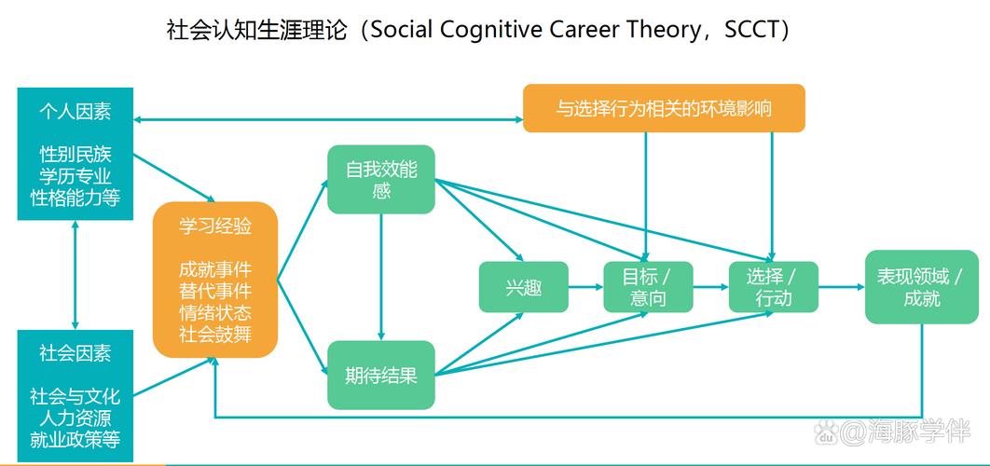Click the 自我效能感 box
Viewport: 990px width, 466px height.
click(x=381, y=181)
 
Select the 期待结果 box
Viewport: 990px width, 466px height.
click(x=381, y=376)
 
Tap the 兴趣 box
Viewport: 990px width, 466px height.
click(x=523, y=287)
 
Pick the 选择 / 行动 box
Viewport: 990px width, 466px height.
click(x=773, y=287)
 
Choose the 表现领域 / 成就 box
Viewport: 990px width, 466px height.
click(x=921, y=287)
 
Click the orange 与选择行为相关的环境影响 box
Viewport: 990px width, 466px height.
click(x=663, y=108)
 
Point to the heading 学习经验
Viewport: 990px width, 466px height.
click(x=215, y=226)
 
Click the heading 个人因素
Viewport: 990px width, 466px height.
click(x=76, y=112)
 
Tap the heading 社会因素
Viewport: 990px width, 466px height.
click(x=76, y=353)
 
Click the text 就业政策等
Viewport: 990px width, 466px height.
click(x=76, y=438)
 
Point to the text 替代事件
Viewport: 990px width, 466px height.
click(x=215, y=290)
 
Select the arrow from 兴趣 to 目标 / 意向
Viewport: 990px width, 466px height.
click(x=584, y=287)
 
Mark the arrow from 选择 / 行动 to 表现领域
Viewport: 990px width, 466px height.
click(x=841, y=287)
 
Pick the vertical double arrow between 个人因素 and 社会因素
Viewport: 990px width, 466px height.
click(x=76, y=275)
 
